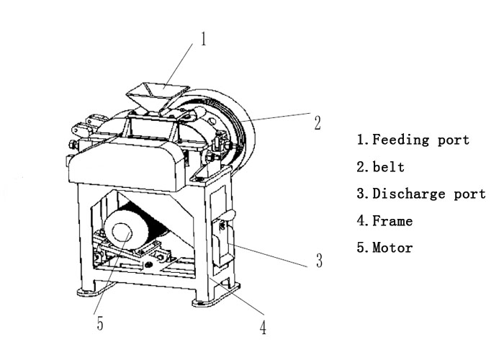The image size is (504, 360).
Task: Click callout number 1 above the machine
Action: (204, 38)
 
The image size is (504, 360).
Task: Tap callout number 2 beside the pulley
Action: (317, 122)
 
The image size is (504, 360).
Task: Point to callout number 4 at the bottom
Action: (264, 328)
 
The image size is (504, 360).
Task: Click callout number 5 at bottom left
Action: (100, 324)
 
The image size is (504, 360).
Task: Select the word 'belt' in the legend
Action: (389, 167)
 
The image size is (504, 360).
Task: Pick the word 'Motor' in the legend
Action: (393, 248)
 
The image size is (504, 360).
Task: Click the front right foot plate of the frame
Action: (214, 297)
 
